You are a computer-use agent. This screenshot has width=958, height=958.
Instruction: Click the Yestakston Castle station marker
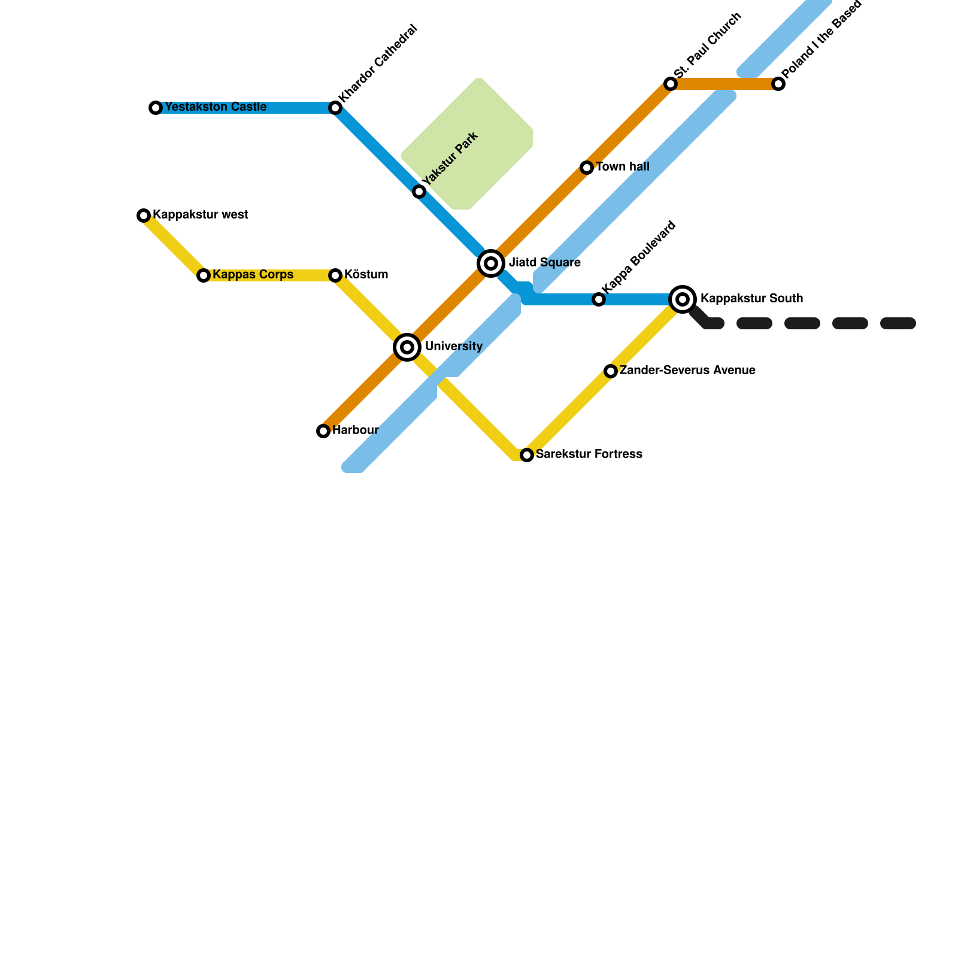(x=156, y=108)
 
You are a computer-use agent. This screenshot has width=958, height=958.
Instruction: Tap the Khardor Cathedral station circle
(x=335, y=108)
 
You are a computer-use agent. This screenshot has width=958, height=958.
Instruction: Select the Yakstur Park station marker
(x=419, y=192)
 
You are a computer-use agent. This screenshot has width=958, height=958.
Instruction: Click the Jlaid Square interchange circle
(x=491, y=263)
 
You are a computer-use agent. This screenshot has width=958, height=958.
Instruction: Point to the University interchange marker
(x=407, y=347)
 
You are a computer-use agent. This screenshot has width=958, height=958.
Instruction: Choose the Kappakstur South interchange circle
(x=683, y=299)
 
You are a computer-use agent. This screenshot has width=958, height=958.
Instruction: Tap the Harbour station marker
(x=323, y=431)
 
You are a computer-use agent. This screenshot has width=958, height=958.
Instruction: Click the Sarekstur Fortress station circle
(x=527, y=455)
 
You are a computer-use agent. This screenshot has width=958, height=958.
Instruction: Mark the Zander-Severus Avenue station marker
(x=611, y=371)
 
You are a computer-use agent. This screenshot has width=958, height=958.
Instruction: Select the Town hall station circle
(x=587, y=168)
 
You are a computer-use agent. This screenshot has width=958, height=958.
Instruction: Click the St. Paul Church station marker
(x=671, y=84)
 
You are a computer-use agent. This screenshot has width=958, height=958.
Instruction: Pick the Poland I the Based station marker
(x=778, y=84)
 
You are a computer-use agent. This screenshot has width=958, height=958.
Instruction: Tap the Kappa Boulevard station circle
(x=599, y=299)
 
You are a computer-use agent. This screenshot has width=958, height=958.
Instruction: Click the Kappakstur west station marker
(x=144, y=216)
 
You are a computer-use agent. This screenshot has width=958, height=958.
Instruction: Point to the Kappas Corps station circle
(x=204, y=275)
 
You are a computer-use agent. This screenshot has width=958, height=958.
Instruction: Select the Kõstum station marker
(x=335, y=275)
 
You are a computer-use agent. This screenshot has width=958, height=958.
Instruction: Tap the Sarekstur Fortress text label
(x=589, y=454)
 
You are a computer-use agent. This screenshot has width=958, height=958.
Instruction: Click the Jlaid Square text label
(x=544, y=263)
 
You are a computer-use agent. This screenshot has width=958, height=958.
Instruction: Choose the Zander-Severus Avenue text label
(x=687, y=371)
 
